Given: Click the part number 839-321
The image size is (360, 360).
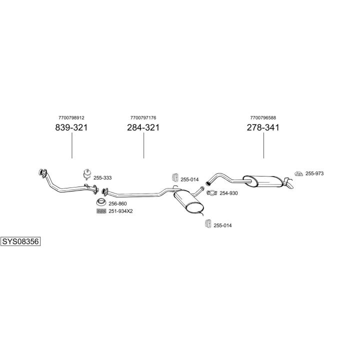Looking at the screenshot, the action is pos(71,127).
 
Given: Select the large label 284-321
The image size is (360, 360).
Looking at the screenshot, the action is pos(143,127).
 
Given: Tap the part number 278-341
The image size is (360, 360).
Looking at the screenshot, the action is pos(263,127).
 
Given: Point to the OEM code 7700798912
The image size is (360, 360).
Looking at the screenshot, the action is pos(71,118).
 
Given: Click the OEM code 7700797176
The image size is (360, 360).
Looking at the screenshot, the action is pos(143,118).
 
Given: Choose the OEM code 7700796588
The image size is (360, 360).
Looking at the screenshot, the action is pos(263,118).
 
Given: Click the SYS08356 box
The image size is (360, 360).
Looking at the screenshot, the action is pos(20,241).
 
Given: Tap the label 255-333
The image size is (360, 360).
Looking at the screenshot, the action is pos(102,177).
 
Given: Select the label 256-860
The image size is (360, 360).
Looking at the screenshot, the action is pos(117,203).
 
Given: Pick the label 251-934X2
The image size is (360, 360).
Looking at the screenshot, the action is pos(120,211).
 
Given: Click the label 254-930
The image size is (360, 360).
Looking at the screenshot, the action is pos(228,193).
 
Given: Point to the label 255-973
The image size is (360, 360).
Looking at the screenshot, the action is pos(314,173).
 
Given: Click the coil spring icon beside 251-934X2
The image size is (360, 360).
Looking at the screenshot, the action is pos(101,211).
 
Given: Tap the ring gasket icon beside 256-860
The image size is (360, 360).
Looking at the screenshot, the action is pos(101,202).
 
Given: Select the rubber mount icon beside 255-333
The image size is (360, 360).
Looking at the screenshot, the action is pos(87,174).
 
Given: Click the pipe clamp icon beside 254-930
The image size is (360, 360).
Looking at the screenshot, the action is pos(211,193).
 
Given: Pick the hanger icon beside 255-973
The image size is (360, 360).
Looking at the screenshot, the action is pos(298,174).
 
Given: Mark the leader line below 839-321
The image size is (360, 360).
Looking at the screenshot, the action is pos(72,145).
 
